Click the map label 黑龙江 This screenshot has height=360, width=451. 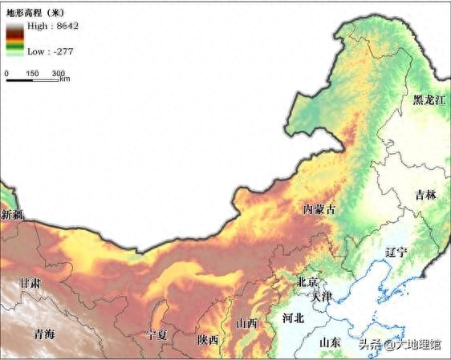(x=429, y=100)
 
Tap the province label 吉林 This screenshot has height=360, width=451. (x=425, y=195)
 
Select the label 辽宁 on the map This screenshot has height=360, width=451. (x=396, y=252)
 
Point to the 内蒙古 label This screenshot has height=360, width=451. (x=319, y=208)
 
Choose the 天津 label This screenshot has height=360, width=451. (x=322, y=297)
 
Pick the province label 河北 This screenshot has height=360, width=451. (x=294, y=318)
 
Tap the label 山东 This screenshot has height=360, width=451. (x=330, y=342)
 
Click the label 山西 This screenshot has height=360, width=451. (x=247, y=323)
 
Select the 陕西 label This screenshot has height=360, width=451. (x=208, y=340)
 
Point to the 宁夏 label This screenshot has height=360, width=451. (x=156, y=334)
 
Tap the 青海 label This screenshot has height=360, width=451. (x=39, y=333)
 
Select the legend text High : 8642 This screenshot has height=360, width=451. (x=53, y=26)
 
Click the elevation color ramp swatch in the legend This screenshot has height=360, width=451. (x=14, y=38)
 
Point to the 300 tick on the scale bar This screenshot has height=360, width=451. (x=59, y=74)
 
